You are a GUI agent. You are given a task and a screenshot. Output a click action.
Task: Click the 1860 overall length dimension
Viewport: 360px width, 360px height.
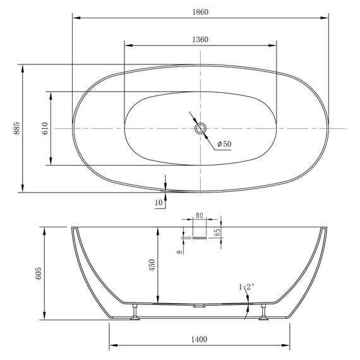pyautogui.click(x=200, y=12)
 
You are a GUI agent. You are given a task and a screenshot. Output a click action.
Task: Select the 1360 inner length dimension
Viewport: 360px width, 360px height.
pyautogui.click(x=200, y=40)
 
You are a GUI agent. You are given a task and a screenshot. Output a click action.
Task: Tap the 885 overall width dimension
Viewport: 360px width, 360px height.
pyautogui.click(x=17, y=128)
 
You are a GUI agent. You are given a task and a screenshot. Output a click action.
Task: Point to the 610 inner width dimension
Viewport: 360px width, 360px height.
pyautogui.click(x=45, y=128)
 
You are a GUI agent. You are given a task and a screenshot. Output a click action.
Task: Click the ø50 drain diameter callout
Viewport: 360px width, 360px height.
pyautogui.click(x=224, y=144)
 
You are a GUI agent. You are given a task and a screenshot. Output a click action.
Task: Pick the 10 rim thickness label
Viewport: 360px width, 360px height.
pyautogui.click(x=159, y=203)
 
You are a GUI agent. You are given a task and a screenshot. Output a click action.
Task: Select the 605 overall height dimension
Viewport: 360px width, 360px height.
pyautogui.click(x=39, y=273)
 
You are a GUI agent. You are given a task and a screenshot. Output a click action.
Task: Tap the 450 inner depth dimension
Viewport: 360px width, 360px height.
pyautogui.click(x=152, y=265)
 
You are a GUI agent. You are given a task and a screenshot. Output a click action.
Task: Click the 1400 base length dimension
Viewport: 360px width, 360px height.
pyautogui.click(x=200, y=339)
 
